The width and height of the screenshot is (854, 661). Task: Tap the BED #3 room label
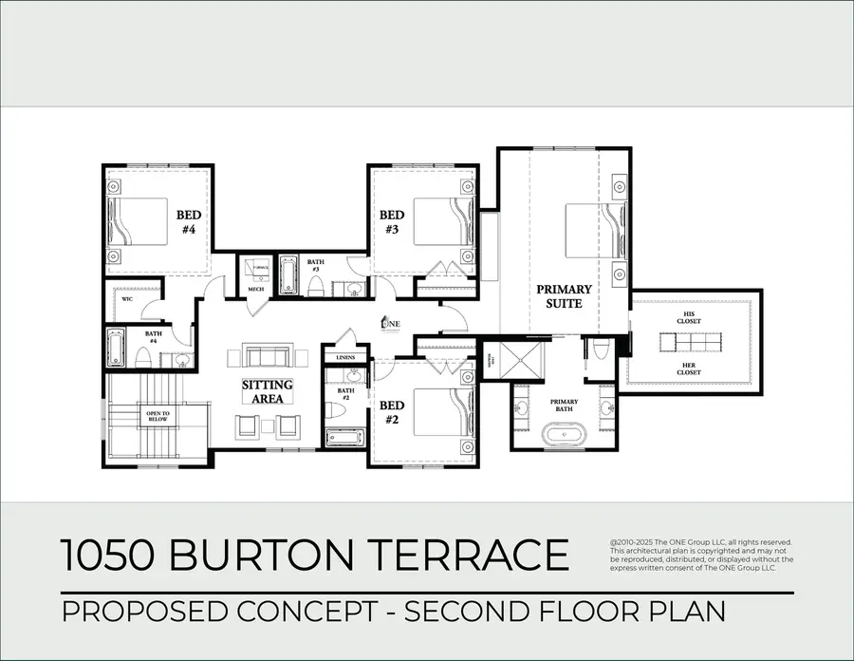pyautogui.click(x=392, y=221)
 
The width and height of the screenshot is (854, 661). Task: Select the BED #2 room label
pyautogui.click(x=392, y=411)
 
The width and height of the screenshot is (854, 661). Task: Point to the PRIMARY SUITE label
pyautogui.click(x=564, y=295)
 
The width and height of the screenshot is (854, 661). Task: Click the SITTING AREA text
pyautogui.click(x=267, y=392)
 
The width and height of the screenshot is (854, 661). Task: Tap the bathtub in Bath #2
pyautogui.click(x=343, y=437)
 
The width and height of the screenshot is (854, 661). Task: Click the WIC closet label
pyautogui.click(x=126, y=299)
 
